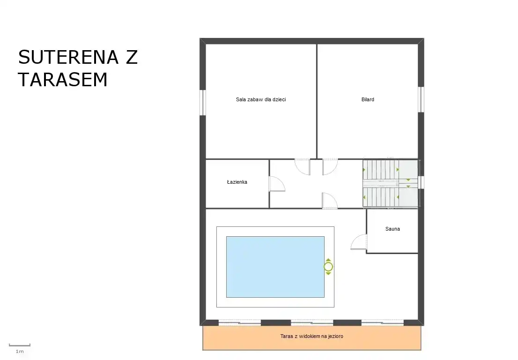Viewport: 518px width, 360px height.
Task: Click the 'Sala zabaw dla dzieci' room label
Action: tap(261, 99)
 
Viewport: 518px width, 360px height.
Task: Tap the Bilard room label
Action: tap(368, 99)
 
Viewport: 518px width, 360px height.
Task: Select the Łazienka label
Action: tap(237, 182)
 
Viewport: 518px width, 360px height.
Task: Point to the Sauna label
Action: tap(392, 229)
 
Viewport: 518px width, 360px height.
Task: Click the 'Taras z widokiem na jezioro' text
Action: tap(311, 336)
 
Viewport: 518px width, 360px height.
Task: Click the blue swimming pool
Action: tap(275, 267)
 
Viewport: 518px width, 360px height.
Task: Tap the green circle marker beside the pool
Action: tap(328, 267)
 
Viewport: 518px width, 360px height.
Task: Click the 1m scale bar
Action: tap(20, 345)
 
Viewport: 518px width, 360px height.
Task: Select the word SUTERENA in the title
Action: tap(68, 57)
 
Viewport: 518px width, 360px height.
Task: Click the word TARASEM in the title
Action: tap(63, 80)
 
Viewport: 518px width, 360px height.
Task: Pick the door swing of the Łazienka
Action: tap(277, 184)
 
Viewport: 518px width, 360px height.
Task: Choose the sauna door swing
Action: tap(359, 242)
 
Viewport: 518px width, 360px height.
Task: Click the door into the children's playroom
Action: tap(302, 166)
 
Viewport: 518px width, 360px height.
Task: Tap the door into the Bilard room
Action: tap(330, 166)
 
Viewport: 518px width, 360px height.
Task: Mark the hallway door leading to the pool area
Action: tap(330, 201)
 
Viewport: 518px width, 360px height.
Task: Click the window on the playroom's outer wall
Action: tap(203, 103)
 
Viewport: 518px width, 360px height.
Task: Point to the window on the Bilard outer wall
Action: tap(421, 99)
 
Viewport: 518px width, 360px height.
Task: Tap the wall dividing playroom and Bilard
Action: tap(317, 101)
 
